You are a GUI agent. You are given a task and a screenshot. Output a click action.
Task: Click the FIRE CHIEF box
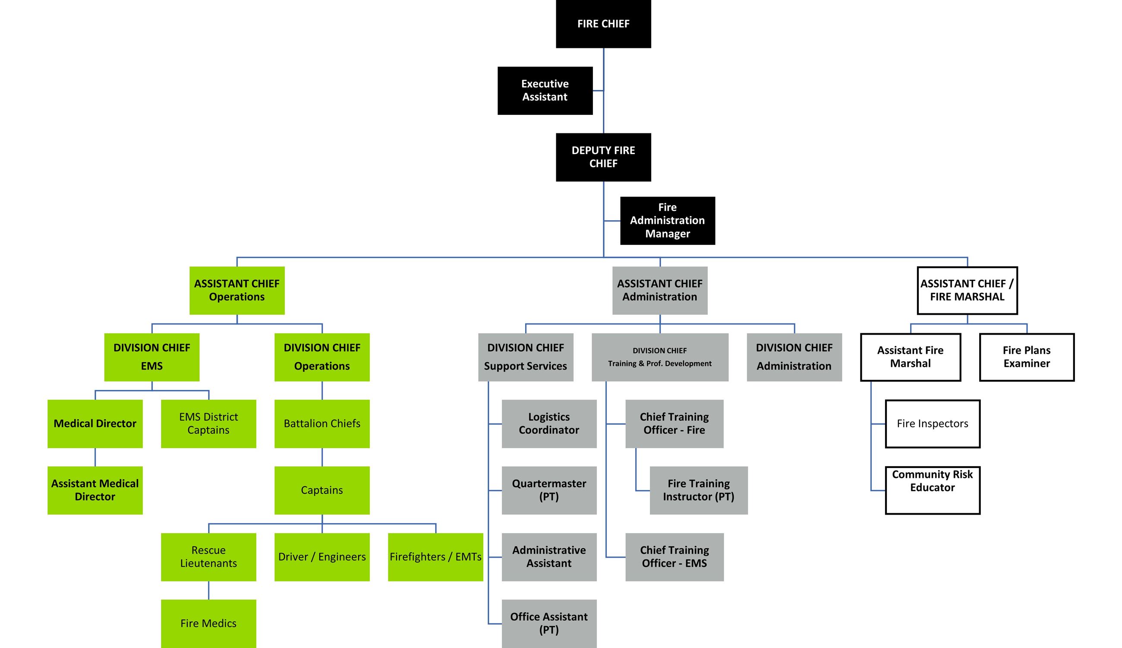(x=603, y=24)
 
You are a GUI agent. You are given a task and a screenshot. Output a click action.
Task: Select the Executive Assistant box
(x=545, y=90)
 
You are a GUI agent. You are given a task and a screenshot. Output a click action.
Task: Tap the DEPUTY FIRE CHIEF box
(x=603, y=157)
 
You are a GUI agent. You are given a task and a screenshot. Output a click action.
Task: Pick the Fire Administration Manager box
(x=667, y=220)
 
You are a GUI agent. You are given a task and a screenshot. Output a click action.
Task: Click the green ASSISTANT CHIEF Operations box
(x=236, y=290)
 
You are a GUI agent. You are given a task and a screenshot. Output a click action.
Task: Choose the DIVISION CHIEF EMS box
(x=151, y=357)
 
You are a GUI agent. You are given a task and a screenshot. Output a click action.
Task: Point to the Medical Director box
(x=95, y=423)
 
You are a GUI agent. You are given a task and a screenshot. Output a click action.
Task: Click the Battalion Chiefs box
(x=321, y=423)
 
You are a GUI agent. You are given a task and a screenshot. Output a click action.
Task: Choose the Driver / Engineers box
(x=321, y=557)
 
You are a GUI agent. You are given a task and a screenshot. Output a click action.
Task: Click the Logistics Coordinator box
(x=548, y=423)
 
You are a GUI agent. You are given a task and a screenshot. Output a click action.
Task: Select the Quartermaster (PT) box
(x=548, y=490)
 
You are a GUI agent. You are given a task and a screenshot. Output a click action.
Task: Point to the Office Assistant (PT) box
(x=548, y=623)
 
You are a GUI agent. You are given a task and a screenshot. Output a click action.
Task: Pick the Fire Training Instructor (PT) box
(x=699, y=490)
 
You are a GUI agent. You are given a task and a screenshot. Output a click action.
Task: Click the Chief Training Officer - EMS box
(x=674, y=557)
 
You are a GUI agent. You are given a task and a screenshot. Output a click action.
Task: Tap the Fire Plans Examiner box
(x=1026, y=357)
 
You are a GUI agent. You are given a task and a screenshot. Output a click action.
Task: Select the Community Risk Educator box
(x=932, y=490)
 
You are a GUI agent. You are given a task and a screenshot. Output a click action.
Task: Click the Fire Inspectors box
(x=932, y=423)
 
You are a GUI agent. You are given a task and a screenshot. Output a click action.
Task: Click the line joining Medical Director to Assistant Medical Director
(x=95, y=457)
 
